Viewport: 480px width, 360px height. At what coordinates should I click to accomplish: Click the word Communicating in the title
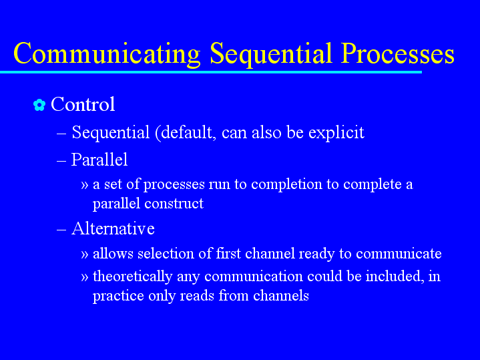coord(107,53)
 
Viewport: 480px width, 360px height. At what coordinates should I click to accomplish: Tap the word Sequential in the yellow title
coord(271,53)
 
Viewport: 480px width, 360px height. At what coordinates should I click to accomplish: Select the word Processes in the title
coord(398,53)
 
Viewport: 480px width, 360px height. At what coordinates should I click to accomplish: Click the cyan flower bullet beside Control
coord(39,105)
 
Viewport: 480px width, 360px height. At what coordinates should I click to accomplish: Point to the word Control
coord(83,104)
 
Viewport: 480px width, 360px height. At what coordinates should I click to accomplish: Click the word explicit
coord(336,133)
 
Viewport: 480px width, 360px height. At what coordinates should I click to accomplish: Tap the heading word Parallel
coord(99,160)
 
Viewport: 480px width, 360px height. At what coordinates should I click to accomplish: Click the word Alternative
coord(113,228)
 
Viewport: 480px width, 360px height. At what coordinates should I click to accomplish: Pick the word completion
coord(286,185)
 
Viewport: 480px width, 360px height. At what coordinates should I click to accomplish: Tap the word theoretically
coord(133,277)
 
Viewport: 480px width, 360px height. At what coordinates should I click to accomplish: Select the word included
coord(395,276)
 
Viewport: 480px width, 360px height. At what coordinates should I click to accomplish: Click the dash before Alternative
coord(61,230)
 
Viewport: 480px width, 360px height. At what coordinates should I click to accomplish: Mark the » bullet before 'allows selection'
coord(85,254)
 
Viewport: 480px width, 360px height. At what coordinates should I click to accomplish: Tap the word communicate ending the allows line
coord(399,254)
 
